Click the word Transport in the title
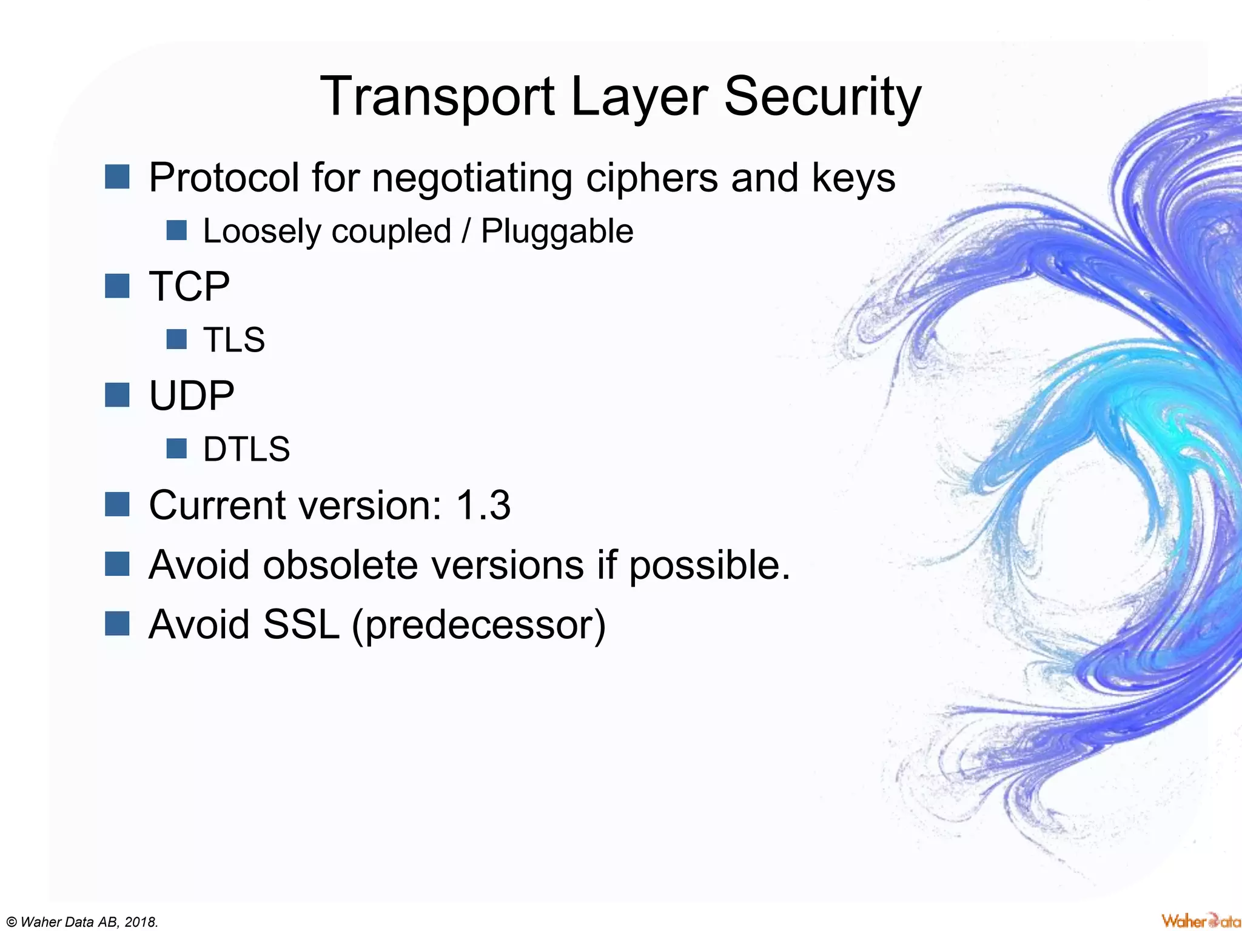437,97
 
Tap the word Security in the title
822,97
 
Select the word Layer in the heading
639,97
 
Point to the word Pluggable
557,231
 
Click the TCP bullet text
189,286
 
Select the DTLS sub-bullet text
246,449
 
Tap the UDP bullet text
192,396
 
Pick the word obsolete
340,565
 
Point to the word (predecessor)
478,624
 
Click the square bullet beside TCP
117,285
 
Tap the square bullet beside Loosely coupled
176,230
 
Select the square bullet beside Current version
117,504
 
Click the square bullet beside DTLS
176,449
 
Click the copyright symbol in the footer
11,922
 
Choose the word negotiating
472,178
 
